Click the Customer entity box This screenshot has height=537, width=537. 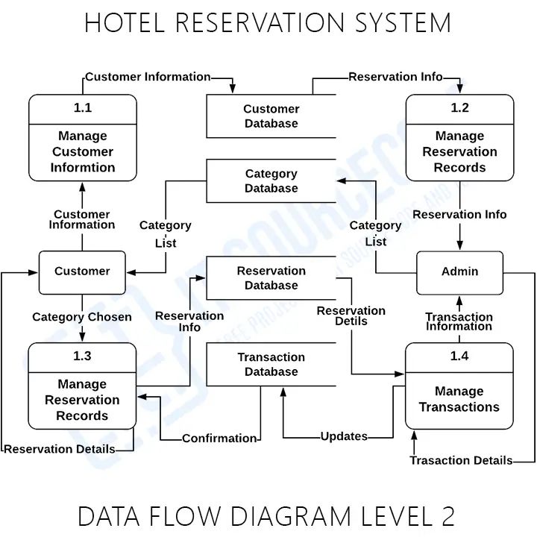click(x=82, y=272)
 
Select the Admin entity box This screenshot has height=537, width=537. click(x=459, y=272)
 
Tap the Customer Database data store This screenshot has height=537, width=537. click(x=271, y=116)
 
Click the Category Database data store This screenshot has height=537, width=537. click(x=271, y=181)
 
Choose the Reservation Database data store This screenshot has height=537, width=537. click(x=271, y=278)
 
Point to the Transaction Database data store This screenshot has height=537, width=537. click(x=271, y=365)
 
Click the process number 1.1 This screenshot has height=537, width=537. click(x=83, y=108)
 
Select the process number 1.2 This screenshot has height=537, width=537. click(x=459, y=108)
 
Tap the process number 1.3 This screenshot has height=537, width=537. click(x=82, y=357)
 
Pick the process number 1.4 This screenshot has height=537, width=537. click(x=459, y=357)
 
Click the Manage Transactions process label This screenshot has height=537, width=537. click(x=459, y=399)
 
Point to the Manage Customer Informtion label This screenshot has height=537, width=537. click(x=83, y=152)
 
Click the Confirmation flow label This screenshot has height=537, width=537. click(x=219, y=439)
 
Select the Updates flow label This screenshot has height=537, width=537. click(x=344, y=436)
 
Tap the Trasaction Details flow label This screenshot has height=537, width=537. click(x=461, y=461)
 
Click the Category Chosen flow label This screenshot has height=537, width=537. click(x=82, y=317)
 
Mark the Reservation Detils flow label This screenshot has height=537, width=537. click(x=351, y=315)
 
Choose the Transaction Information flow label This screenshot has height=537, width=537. click(x=459, y=321)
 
